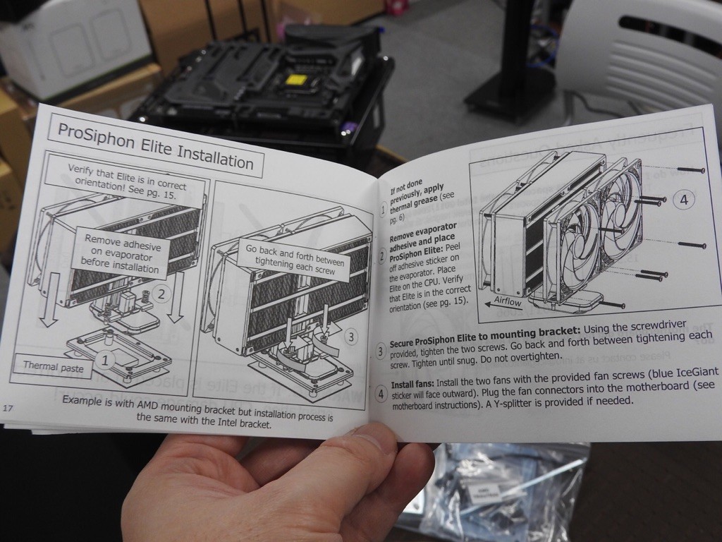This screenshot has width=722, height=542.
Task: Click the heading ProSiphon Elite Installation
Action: point(156,145)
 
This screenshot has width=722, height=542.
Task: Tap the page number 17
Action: point(8,408)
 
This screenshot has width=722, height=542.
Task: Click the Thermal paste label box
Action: point(54,366)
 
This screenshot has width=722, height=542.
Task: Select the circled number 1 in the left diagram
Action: point(106,360)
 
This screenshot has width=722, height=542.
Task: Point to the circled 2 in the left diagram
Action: point(161,294)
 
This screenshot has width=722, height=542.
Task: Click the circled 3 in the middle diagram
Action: point(351,337)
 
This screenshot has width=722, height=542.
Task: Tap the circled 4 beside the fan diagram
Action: point(684,200)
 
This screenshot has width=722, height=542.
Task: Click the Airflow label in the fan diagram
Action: point(508,301)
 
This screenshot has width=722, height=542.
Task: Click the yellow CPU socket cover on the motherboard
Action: point(295,80)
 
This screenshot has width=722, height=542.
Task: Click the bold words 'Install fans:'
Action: point(412,384)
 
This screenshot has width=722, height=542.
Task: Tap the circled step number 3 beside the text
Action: point(380,351)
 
